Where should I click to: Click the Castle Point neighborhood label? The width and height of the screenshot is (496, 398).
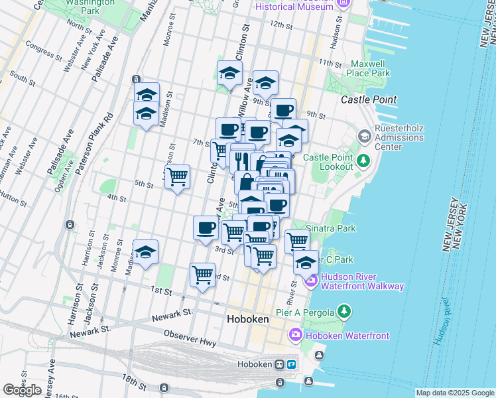click(369, 99)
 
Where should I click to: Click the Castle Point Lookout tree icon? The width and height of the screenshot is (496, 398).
click(363, 160)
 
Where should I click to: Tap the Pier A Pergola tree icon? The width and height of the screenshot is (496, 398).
click(343, 311)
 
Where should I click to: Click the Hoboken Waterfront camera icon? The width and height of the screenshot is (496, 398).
click(295, 336)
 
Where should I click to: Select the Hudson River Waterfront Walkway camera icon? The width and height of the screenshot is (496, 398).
click(310, 281)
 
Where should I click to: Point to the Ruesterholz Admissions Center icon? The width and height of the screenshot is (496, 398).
click(364, 136)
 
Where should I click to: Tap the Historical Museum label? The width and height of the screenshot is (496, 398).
click(294, 6)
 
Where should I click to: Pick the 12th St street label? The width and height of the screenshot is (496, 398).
click(280, 25)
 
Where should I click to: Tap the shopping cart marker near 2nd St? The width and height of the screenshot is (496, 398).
click(202, 274)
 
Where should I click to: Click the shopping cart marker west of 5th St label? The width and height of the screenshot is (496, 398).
click(177, 177)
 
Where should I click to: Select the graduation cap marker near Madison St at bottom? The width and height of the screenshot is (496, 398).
click(146, 252)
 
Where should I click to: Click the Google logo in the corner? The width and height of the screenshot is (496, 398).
click(22, 390)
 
